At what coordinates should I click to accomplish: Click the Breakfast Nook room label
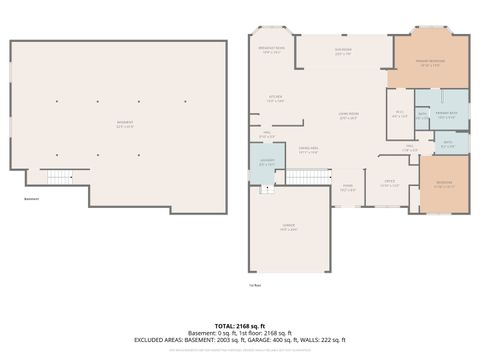[x=272, y=50]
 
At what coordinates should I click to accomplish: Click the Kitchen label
[x=275, y=98]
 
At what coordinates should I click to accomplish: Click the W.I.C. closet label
[x=399, y=114]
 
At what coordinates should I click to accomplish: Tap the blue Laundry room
[x=267, y=162]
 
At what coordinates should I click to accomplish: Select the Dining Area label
[x=308, y=152]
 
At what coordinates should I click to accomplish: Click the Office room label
[x=389, y=183]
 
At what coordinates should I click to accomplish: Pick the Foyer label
[x=347, y=188]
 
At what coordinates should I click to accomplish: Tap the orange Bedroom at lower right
[x=443, y=184]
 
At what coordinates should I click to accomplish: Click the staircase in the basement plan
[x=60, y=178]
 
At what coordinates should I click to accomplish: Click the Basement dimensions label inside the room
[x=125, y=124]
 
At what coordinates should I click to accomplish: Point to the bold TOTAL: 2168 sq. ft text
[x=240, y=325]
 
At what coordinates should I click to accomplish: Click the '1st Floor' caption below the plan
[x=255, y=285]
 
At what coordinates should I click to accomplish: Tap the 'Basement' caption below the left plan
[x=30, y=197]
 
